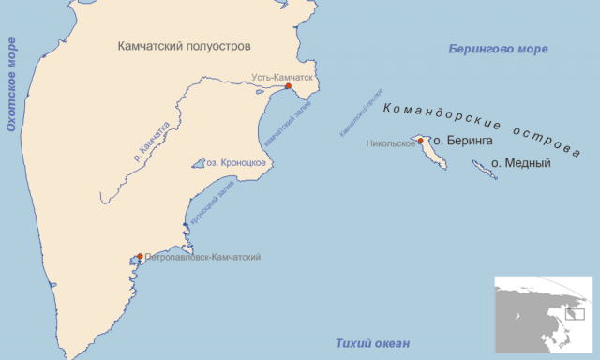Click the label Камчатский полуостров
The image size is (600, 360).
click(x=186, y=45)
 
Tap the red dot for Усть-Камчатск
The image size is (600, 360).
click(x=289, y=86)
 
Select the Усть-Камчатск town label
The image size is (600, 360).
click(x=282, y=77)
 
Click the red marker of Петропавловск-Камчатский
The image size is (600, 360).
click(x=140, y=257)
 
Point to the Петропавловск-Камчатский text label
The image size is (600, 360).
click(x=202, y=257)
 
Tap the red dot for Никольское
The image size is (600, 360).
click(x=421, y=141)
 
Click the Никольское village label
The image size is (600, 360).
click(x=390, y=144)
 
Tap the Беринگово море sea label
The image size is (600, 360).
click(x=498, y=49)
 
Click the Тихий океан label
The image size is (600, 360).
click(x=372, y=344)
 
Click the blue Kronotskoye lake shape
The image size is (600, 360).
click(x=200, y=163)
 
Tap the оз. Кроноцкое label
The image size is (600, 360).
click(x=239, y=162)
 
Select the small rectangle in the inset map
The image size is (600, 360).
click(x=575, y=315)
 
